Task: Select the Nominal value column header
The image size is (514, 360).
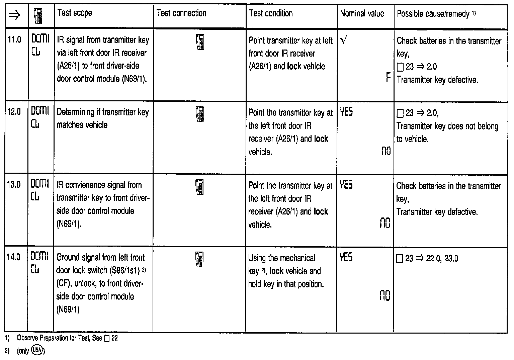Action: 362,14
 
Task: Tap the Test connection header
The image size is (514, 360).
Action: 181,13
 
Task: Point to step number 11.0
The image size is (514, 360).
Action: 14,40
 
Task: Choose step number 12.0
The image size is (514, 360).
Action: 14,112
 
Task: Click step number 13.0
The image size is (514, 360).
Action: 14,184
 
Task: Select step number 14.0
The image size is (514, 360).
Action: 14,257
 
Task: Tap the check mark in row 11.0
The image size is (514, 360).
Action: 343,40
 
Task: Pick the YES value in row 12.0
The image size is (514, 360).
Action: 346,112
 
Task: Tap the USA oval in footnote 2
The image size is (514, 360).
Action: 37,351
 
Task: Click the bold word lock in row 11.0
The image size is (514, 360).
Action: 294,66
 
